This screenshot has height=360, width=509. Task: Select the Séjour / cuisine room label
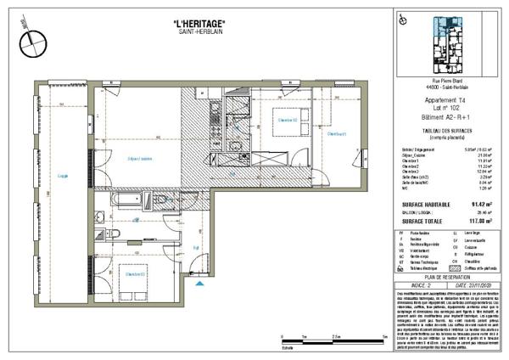click(x=139, y=160)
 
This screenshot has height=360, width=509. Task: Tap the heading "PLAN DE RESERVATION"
click(x=446, y=277)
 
